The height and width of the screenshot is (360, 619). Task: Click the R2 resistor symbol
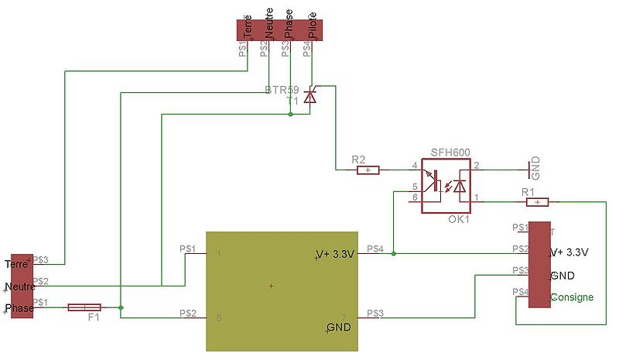(368, 169)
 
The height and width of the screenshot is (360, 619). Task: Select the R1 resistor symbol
(537, 202)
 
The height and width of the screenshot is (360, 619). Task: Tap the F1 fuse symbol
(84, 307)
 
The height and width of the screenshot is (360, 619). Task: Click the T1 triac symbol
(310, 97)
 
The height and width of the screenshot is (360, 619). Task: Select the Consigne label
(573, 297)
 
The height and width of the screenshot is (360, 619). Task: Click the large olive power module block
(282, 290)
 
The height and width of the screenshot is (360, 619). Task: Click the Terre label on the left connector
(15, 264)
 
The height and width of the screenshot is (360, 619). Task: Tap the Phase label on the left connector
(18, 309)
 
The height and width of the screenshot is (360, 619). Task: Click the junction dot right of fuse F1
(121, 307)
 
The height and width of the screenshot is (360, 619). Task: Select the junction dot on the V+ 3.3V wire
(394, 252)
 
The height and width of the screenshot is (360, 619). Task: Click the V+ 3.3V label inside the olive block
(336, 254)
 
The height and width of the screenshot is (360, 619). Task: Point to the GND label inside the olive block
(339, 327)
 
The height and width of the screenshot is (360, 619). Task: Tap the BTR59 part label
(282, 91)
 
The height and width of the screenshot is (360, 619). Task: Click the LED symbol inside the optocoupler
(461, 187)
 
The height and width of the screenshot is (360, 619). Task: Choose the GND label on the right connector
(563, 276)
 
